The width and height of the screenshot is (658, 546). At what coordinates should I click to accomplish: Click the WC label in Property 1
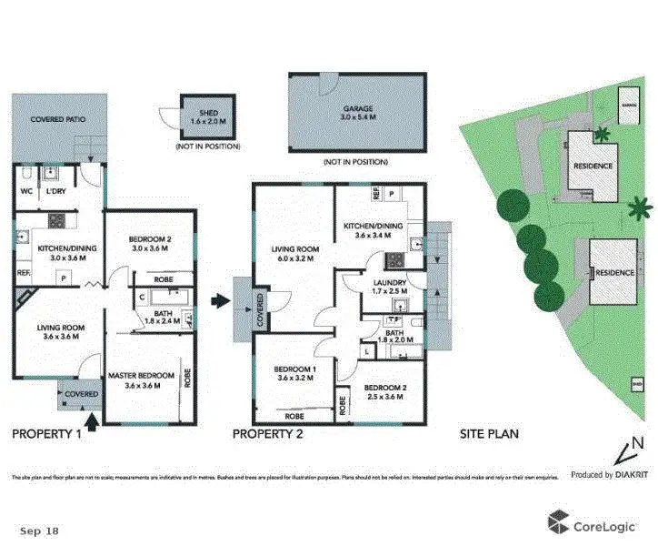point(26,192)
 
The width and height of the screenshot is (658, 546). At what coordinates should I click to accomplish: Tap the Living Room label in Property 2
point(293,252)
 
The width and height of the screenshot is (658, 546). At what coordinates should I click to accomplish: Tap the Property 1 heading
point(46,434)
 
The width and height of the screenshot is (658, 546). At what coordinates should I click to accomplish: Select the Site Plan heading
point(489,434)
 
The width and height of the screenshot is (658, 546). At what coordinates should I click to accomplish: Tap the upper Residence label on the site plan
point(592,166)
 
